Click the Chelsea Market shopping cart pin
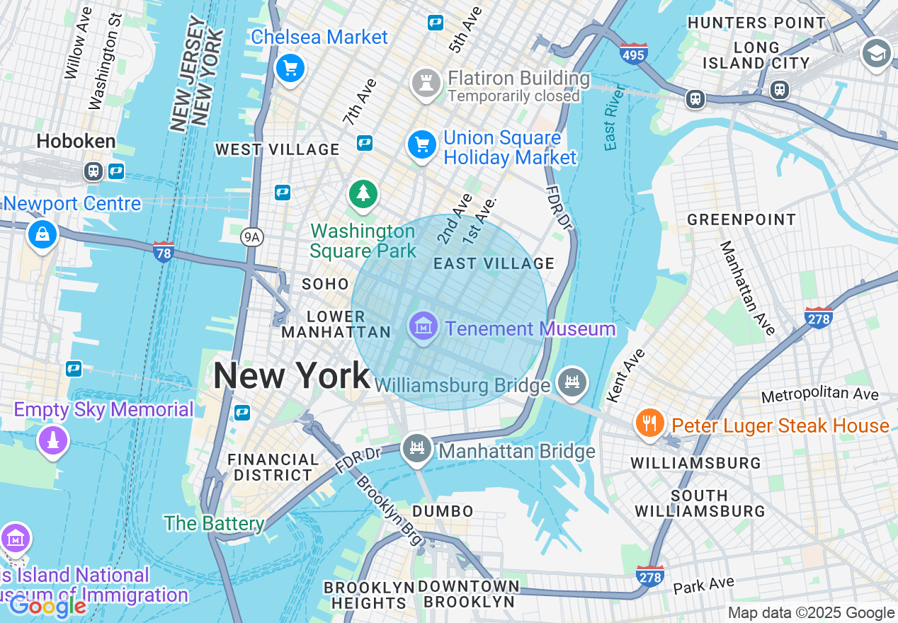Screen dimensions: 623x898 coord(290,69)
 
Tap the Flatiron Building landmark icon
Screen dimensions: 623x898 coord(426,84)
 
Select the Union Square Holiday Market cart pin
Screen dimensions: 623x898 coord(422,145)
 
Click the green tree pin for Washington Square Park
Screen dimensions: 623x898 coord(363,193)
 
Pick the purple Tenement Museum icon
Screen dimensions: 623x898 coord(423,327)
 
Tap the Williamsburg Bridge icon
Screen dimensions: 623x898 coord(572,382)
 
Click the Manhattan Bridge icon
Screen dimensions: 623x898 coord(417,448)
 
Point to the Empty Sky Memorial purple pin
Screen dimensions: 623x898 coord(52,440)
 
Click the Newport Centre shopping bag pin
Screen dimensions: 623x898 coord(42,234)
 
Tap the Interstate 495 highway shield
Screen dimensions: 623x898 coord(633,53)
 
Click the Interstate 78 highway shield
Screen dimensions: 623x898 coord(164,251)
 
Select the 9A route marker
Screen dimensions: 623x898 coord(251,237)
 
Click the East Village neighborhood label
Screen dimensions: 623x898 coord(494,263)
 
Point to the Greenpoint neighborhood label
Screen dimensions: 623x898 coord(741,219)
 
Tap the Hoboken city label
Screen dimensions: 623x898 coord(76,141)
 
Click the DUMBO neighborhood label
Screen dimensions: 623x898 coord(443,511)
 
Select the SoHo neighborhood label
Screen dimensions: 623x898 coord(325,284)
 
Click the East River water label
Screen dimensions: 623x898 coord(614,118)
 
